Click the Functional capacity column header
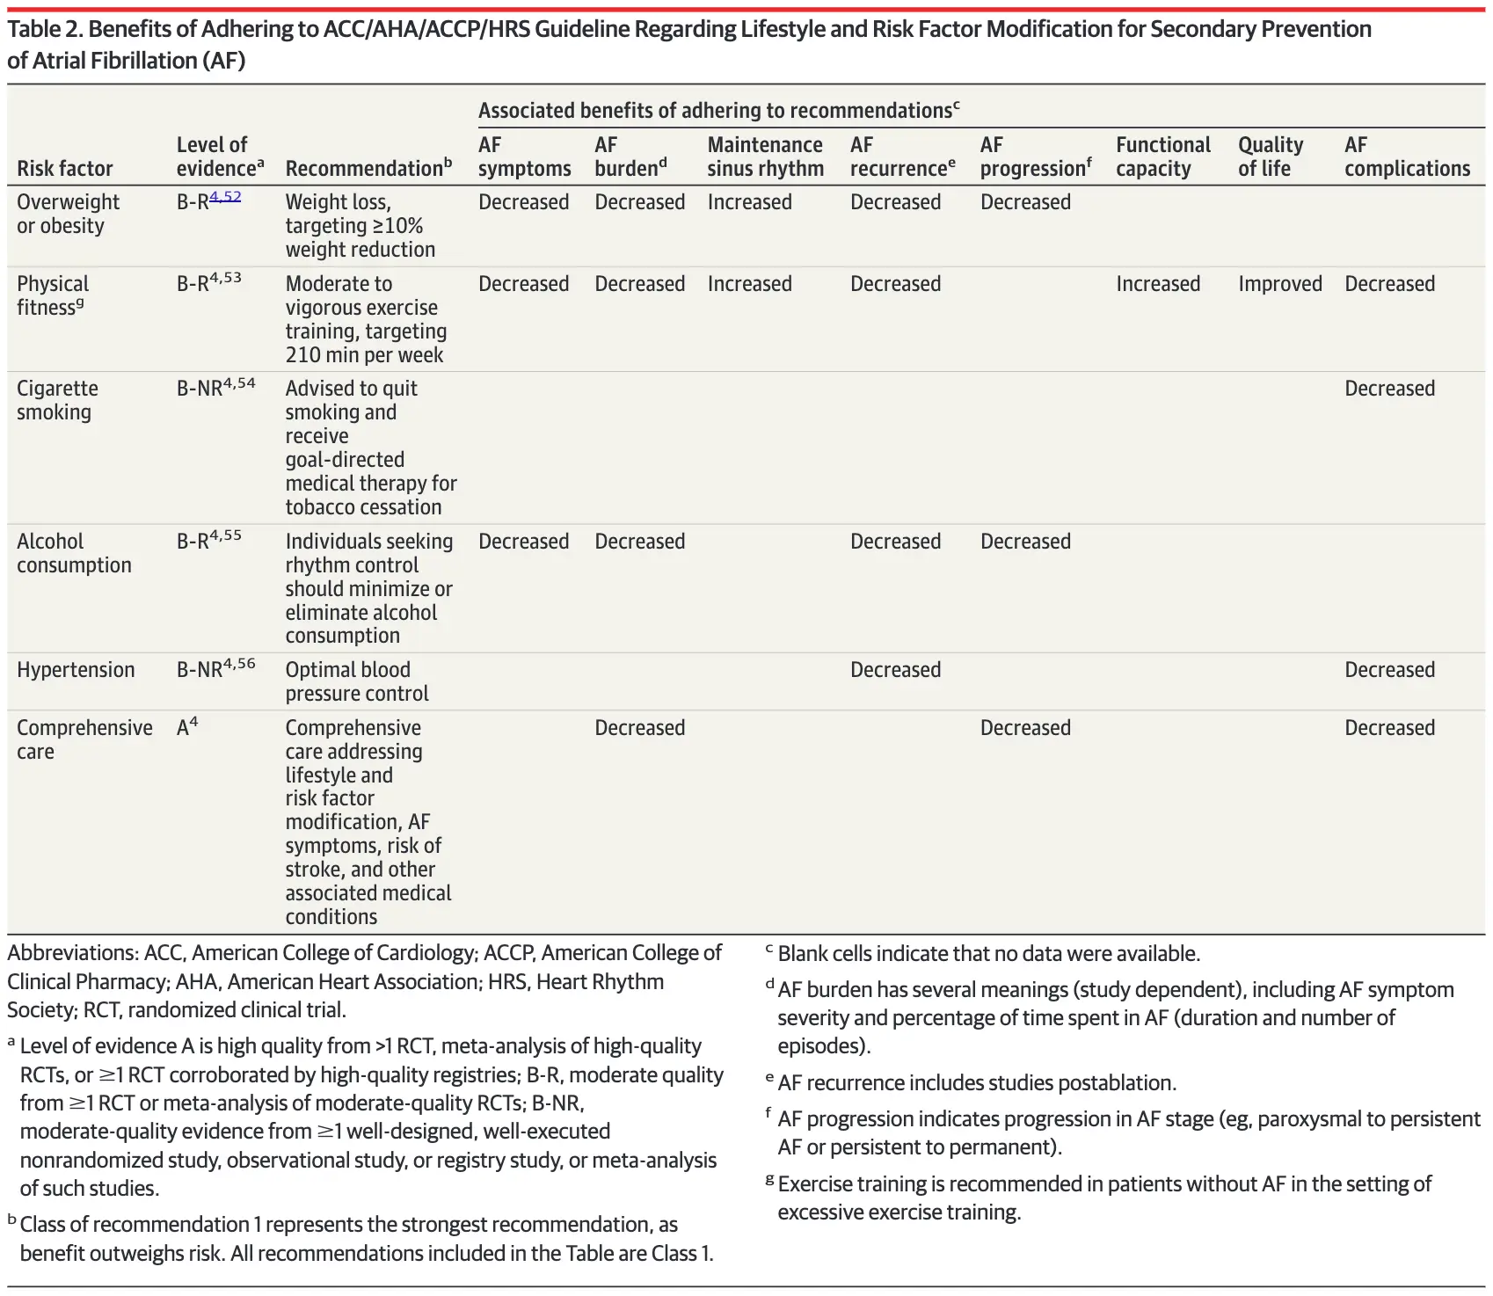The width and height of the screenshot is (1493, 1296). (1162, 157)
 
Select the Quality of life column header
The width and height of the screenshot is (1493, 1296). (1270, 157)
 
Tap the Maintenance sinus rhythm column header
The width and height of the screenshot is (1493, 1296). (765, 157)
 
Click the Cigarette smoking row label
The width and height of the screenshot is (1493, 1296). (57, 400)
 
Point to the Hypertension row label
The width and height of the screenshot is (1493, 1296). (76, 670)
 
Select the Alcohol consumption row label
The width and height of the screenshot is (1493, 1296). (74, 553)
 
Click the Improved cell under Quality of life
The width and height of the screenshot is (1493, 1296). (1279, 284)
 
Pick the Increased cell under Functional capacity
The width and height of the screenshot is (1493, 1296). (1157, 284)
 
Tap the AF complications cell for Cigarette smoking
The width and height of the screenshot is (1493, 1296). (1389, 389)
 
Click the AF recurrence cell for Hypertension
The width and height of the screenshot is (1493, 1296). (895, 670)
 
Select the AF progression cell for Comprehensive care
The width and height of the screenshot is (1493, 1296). (1025, 728)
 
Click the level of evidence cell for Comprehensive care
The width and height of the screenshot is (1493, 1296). (187, 727)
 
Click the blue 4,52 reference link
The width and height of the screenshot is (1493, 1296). (225, 196)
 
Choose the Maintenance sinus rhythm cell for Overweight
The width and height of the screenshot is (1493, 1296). (749, 202)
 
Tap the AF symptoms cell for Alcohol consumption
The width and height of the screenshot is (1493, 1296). (523, 542)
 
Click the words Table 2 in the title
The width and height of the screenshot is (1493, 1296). (44, 30)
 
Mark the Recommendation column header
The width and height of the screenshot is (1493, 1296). (368, 168)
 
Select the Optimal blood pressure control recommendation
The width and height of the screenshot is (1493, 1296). (357, 681)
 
